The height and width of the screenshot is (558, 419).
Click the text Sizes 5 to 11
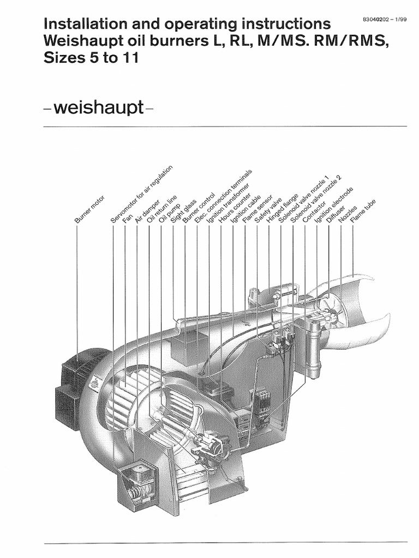point(91,57)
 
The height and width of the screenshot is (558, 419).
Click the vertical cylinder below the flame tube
point(313,349)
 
